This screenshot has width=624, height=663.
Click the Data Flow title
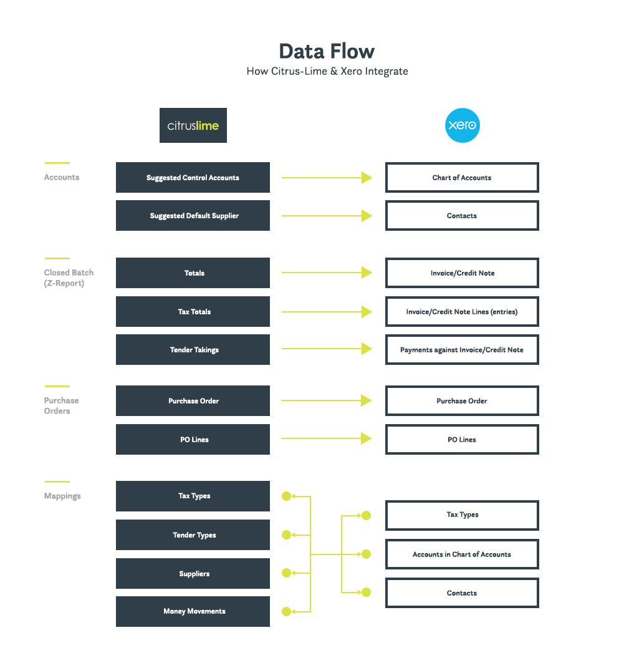pos(327,51)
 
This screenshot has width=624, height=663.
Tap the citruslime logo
pos(193,125)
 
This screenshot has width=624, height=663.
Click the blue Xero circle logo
pos(462,125)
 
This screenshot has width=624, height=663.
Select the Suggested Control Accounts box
pos(193,178)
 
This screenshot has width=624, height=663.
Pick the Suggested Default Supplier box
pos(193,216)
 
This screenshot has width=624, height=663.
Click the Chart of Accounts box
pos(462,178)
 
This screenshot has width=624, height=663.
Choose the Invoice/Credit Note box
pos(462,273)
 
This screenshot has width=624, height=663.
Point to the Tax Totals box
pos(193,312)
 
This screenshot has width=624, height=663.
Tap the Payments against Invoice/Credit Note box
pos(462,350)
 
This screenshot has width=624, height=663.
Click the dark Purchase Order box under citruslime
pos(193,401)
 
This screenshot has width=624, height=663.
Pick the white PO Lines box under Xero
pos(462,440)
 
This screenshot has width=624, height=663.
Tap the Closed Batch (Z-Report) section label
pos(69,278)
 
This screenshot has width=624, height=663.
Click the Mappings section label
pos(62,496)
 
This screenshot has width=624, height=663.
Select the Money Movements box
pos(193,611)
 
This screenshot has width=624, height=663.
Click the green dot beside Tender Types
pos(287,535)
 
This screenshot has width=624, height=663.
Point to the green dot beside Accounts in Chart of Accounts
pos(367,554)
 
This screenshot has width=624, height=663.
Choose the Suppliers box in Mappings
pos(193,574)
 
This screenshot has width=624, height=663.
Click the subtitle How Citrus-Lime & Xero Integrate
pos(327,71)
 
